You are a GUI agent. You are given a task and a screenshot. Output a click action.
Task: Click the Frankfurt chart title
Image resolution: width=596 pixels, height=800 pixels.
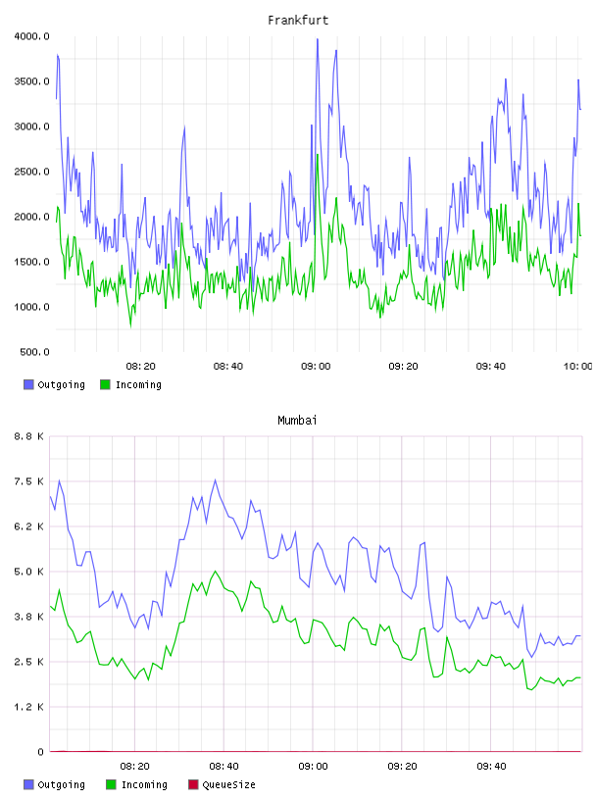coord(298,20)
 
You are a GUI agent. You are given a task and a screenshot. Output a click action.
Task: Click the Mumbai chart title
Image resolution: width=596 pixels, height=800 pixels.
coord(297,420)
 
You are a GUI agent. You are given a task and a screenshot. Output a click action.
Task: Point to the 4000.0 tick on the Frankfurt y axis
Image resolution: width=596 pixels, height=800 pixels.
coord(32,36)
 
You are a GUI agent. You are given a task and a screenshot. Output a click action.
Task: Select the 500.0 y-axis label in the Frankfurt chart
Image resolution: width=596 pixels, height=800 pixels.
coord(34,352)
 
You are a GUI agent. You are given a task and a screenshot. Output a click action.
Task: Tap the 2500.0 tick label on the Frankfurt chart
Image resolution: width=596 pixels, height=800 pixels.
coord(32,172)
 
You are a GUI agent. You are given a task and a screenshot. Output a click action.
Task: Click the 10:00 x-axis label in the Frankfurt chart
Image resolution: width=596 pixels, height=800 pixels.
coord(577,366)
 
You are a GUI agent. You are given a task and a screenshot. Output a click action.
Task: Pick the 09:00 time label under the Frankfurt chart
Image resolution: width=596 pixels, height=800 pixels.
coord(316,366)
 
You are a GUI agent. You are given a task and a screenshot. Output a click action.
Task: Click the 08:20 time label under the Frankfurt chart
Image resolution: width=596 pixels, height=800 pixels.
coord(141,366)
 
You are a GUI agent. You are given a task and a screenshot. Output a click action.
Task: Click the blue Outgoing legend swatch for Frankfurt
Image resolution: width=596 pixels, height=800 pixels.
coord(28,384)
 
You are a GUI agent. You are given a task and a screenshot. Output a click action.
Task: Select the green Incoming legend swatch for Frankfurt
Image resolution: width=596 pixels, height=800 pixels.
coord(105,384)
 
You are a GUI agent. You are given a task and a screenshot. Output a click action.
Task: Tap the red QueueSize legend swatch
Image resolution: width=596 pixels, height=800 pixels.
coord(193,784)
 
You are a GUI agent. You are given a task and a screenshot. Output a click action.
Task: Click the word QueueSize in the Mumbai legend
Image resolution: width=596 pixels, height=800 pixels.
coord(228,784)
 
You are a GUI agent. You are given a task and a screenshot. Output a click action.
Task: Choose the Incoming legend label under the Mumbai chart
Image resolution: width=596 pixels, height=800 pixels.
coord(144,784)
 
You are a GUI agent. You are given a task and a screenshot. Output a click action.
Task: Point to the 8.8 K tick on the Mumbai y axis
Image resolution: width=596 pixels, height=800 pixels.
coord(29,436)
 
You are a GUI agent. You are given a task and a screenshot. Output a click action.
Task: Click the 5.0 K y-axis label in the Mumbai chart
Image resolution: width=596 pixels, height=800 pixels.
coord(29,572)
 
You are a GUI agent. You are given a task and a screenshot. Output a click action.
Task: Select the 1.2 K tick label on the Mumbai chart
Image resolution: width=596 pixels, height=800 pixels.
coord(29,707)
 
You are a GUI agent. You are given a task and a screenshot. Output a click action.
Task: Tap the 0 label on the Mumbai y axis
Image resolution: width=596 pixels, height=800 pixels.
coord(40,752)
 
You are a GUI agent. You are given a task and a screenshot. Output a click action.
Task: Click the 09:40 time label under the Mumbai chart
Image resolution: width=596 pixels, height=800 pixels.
coord(491,766)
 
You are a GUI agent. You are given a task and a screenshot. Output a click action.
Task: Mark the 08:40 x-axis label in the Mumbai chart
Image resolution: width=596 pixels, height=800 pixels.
coord(223,766)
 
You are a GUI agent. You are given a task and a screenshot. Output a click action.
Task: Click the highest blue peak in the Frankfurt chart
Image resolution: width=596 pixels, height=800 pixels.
coord(318,39)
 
